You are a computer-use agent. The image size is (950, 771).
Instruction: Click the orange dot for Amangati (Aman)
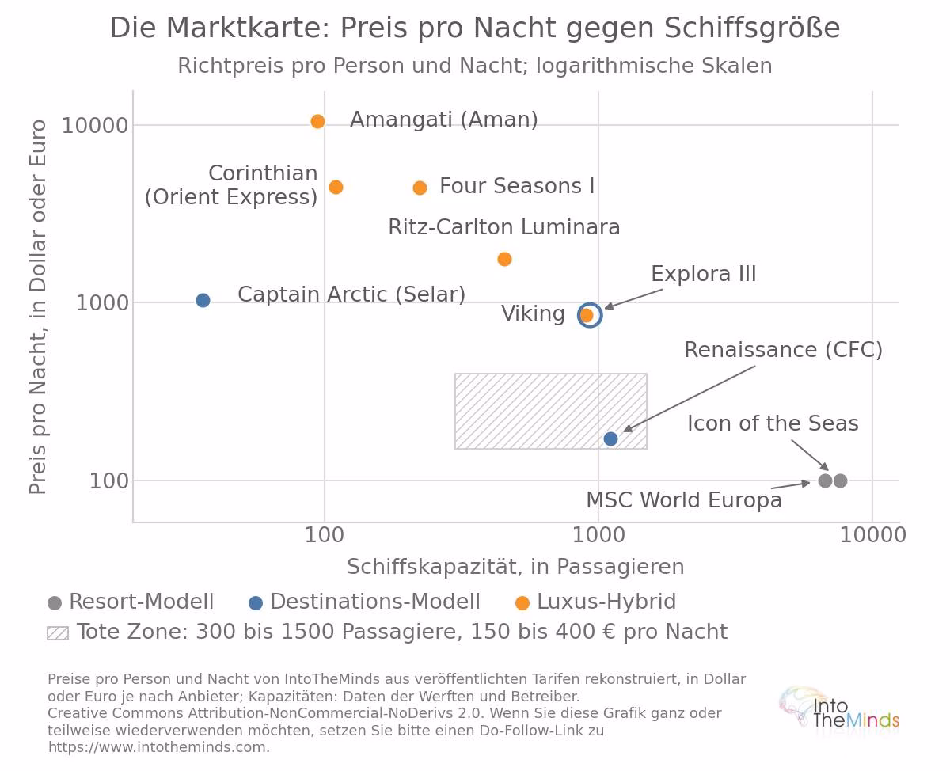click(317, 121)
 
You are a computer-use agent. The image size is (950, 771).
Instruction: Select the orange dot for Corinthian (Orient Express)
click(336, 188)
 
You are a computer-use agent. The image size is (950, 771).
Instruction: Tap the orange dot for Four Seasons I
click(420, 188)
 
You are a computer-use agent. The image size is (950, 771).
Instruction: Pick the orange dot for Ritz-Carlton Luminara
click(504, 259)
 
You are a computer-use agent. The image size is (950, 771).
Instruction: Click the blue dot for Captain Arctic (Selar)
click(203, 300)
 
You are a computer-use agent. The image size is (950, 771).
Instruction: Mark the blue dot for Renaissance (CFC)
click(610, 439)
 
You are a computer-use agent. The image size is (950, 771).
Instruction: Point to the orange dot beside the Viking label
click(587, 315)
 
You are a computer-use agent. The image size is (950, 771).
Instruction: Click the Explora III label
click(703, 274)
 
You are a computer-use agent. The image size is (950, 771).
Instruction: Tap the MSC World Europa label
click(684, 499)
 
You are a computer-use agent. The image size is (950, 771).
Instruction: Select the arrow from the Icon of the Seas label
click(810, 455)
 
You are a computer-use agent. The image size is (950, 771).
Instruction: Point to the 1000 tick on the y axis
click(102, 303)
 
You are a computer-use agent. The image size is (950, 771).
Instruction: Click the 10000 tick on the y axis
click(95, 126)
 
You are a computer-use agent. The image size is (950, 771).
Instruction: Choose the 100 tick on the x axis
click(325, 535)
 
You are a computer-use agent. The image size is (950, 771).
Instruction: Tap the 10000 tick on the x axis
click(872, 535)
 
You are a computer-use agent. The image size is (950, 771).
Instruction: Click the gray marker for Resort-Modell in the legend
click(55, 603)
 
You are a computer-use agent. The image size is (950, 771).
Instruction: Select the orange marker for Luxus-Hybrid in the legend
click(522, 603)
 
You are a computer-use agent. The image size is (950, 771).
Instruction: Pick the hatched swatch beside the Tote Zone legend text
click(58, 633)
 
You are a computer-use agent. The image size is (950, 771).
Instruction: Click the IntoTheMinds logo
click(839, 710)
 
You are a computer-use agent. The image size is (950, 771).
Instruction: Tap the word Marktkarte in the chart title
click(248, 28)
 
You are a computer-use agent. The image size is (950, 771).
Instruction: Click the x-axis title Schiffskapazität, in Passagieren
click(515, 567)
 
